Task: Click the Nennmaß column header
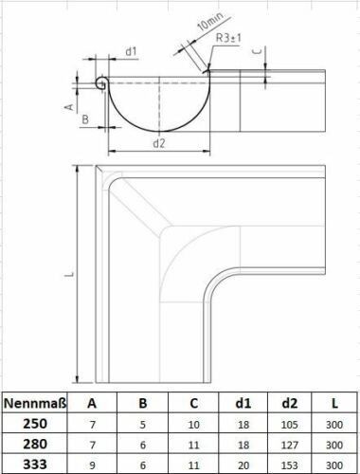click(x=35, y=403)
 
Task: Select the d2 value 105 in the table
click(x=289, y=425)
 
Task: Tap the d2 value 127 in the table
click(x=289, y=445)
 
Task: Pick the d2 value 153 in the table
click(x=289, y=465)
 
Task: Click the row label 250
click(x=35, y=424)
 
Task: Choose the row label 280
click(x=35, y=445)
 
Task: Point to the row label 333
click(x=35, y=465)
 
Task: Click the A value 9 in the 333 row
click(x=92, y=465)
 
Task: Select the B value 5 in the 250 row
click(x=143, y=425)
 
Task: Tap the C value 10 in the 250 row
click(x=193, y=425)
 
